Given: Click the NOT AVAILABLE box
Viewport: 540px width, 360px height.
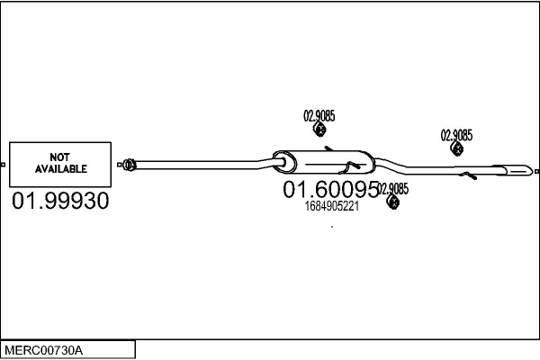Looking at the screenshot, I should click(x=60, y=164).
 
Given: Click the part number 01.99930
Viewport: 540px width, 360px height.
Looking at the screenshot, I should click(x=60, y=201).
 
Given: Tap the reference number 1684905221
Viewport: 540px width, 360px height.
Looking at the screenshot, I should click(x=332, y=205).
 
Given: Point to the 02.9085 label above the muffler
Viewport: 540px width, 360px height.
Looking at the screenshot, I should click(x=319, y=115).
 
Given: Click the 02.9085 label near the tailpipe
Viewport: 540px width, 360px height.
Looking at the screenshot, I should click(x=456, y=135).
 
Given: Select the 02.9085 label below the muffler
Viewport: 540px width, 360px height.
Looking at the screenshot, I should click(x=393, y=189).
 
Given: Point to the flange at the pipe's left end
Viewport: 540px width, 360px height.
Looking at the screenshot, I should click(x=129, y=164).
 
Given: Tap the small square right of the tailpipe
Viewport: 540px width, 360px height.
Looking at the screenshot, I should click(x=536, y=170).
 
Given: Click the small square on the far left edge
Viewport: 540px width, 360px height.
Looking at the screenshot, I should click(x=3, y=165).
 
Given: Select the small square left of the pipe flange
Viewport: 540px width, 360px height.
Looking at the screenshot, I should click(x=120, y=165).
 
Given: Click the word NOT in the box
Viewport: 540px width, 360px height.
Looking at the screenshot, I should click(x=60, y=157).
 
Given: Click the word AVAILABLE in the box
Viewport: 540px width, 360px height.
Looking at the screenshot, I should click(x=60, y=168).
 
